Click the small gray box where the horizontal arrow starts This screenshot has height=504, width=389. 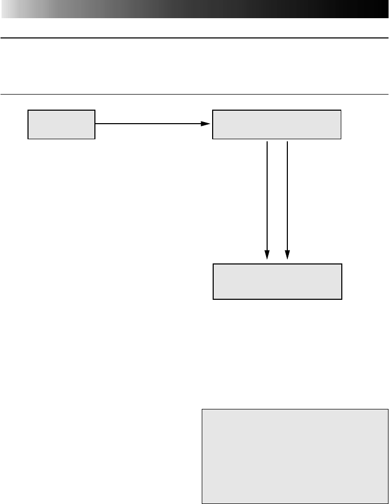pos(61,124)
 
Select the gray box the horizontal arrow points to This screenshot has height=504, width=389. pos(276,124)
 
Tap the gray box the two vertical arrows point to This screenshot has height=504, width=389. pos(277,282)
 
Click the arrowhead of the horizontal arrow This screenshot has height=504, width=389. pos(206,124)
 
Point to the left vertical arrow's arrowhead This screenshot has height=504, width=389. pos(267,255)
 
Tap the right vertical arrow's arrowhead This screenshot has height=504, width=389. pos(287,255)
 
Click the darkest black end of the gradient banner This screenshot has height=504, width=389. pos(384,9)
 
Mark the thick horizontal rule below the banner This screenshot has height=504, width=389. pos(195,37)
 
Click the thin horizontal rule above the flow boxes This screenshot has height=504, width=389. pos(195,94)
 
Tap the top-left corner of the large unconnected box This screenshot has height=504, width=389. pos(201,409)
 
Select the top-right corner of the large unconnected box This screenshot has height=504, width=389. pos(388,409)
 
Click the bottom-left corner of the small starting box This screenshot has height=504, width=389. pos(28,139)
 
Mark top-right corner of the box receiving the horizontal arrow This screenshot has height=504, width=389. pos(341,110)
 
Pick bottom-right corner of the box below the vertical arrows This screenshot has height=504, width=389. pos(342,299)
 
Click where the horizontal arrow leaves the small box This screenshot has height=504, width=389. pos(95,124)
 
